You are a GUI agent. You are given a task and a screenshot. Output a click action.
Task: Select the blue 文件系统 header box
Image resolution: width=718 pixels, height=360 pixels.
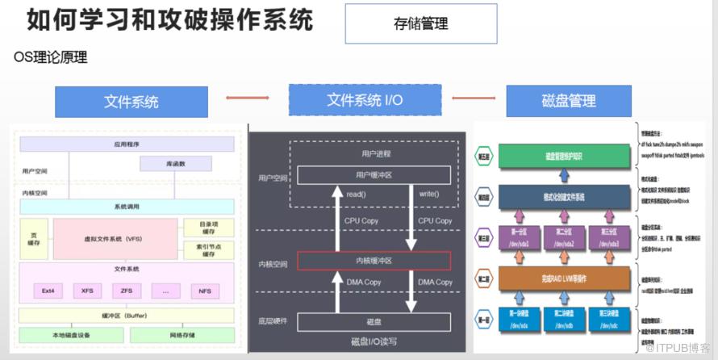131,102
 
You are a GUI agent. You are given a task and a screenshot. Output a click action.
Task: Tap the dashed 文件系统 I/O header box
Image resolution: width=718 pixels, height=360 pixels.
365,100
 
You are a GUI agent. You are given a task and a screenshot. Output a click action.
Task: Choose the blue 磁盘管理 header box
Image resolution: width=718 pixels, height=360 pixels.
569,101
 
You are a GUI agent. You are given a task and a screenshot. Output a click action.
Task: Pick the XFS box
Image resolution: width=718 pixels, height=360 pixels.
86,290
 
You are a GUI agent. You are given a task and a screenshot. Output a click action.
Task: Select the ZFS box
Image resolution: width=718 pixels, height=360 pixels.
127,290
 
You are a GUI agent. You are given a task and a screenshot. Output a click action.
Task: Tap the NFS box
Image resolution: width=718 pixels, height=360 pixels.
206,290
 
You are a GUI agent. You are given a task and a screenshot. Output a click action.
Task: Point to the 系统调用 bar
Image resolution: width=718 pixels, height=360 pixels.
127,207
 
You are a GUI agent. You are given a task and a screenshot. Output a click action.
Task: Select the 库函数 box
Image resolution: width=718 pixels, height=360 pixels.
176,164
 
